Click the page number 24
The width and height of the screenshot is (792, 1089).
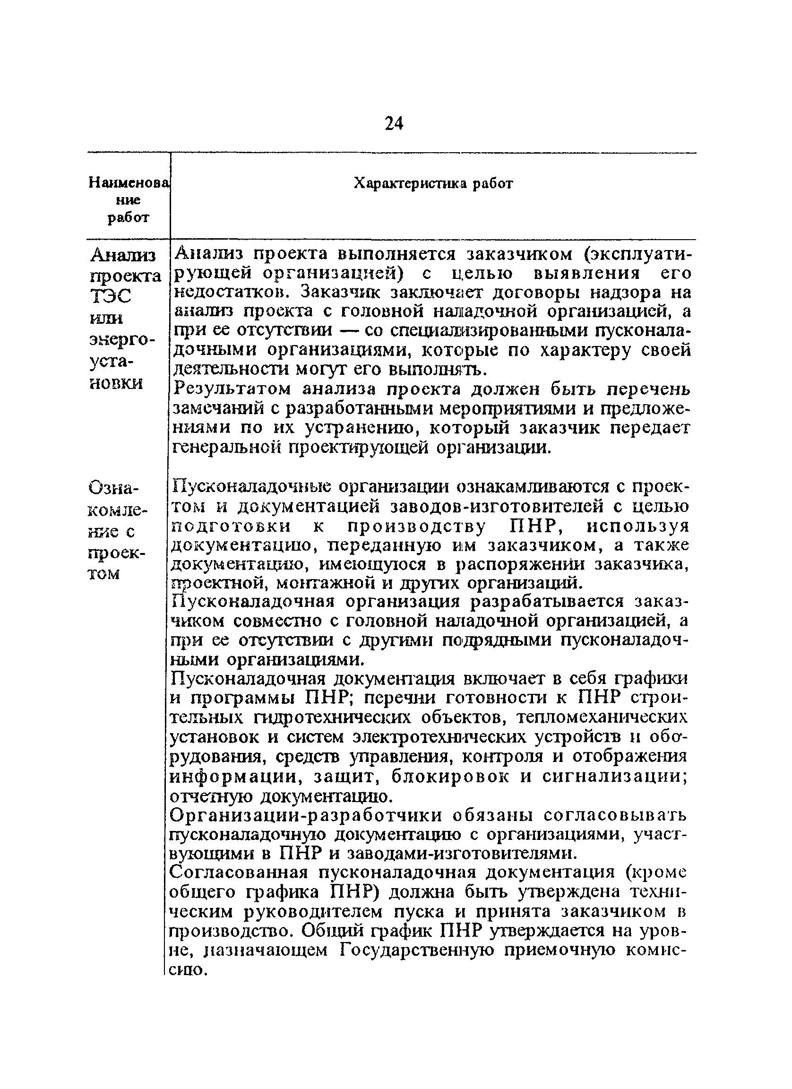click(x=394, y=124)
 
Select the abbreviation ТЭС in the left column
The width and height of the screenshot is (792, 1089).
click(x=111, y=297)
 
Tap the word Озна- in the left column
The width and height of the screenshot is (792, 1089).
click(x=113, y=489)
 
